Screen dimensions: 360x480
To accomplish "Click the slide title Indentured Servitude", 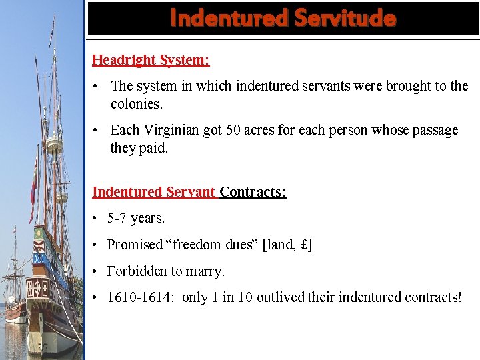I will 283,18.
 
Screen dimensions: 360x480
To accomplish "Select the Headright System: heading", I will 151,60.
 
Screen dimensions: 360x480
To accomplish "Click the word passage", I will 433,130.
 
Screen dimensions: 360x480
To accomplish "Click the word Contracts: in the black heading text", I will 253,192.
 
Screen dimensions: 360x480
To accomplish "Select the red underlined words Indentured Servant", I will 154,192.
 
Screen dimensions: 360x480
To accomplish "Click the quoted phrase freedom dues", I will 213,245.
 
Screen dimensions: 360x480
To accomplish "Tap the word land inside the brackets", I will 280,245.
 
